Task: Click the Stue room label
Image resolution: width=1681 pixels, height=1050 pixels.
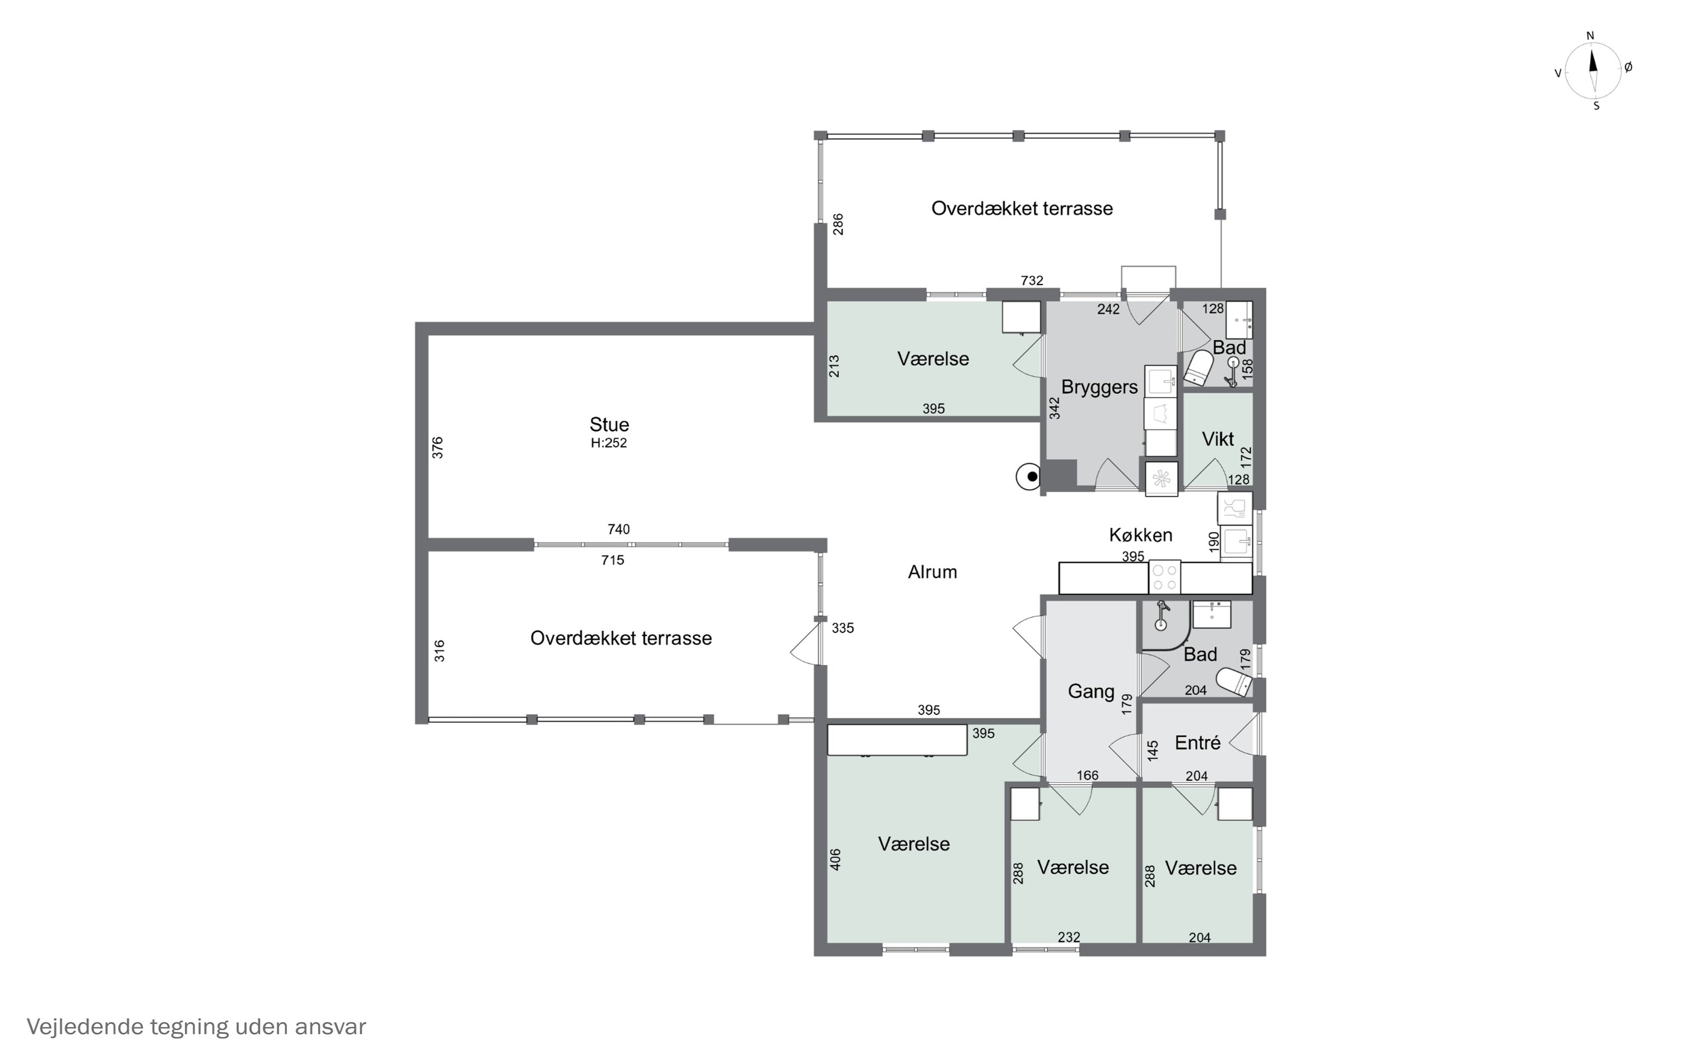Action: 609,424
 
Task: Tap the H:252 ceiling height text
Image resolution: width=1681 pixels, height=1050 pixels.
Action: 609,443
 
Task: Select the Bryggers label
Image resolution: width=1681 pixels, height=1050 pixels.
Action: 1099,388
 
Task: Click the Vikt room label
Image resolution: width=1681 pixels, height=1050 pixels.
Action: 1218,439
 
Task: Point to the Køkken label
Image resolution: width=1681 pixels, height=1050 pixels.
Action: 1141,535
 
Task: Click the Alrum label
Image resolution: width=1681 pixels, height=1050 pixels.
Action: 932,572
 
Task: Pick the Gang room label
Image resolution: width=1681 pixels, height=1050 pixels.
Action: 1090,691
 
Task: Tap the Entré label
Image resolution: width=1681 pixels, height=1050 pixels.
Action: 1197,743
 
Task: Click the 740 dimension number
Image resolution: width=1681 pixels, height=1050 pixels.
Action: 618,529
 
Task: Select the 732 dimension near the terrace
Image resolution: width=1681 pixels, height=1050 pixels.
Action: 1032,281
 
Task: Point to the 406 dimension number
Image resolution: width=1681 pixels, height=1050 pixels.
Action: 835,860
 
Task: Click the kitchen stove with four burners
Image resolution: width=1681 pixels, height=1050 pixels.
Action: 1164,577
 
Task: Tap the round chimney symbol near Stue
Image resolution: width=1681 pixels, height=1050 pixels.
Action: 1029,477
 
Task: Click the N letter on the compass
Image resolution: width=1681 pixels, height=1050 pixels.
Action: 1590,36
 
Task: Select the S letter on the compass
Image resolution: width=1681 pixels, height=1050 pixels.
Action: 1596,106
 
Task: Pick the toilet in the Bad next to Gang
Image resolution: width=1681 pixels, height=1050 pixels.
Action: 1236,682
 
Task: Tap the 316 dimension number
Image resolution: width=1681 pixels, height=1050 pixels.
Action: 439,651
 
